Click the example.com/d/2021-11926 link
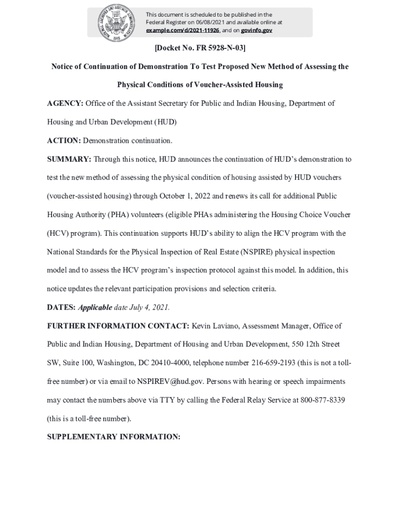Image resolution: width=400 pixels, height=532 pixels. pyautogui.click(x=182, y=31)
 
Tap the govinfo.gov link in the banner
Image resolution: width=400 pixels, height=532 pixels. pyautogui.click(x=256, y=31)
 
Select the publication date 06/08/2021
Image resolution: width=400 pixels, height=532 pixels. pyautogui.click(x=195, y=23)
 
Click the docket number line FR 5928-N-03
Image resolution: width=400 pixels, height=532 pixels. pyautogui.click(x=200, y=48)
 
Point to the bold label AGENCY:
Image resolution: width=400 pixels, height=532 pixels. pyautogui.click(x=65, y=103)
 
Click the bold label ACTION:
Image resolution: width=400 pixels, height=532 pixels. pyautogui.click(x=64, y=141)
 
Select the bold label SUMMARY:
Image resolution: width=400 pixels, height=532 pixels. pyautogui.click(x=69, y=159)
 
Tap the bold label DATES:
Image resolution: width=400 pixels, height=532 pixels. pyautogui.click(x=61, y=307)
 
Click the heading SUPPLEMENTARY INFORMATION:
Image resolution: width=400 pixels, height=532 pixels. pyautogui.click(x=114, y=437)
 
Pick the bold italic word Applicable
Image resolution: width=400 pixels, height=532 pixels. pyautogui.click(x=95, y=307)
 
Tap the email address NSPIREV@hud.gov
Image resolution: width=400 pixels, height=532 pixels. pyautogui.click(x=170, y=381)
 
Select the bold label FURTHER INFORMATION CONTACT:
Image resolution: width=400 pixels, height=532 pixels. pyautogui.click(x=118, y=326)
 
